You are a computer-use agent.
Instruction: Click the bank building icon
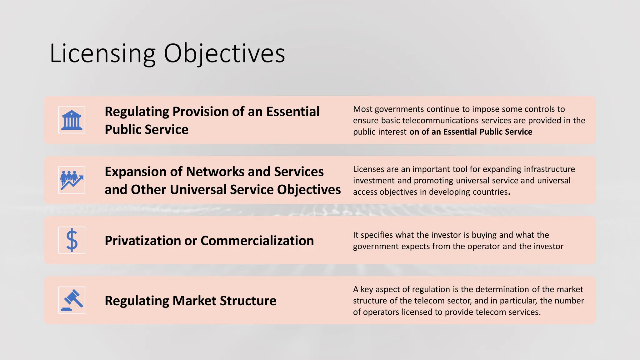click(72, 120)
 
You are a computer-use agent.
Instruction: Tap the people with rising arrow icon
click(72, 180)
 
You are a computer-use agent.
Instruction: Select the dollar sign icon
click(72, 240)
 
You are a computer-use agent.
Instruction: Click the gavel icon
click(72, 300)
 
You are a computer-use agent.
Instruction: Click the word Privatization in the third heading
click(142, 241)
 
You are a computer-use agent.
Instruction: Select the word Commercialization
click(257, 241)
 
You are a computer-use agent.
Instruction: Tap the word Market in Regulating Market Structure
click(194, 301)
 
